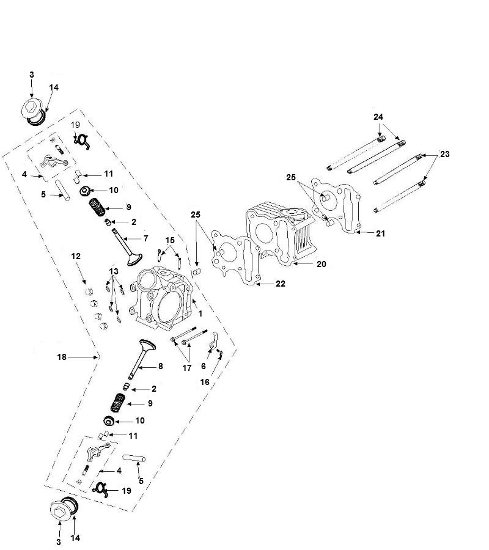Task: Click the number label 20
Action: tap(321, 264)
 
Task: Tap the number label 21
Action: tap(380, 233)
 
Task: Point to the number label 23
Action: tap(444, 155)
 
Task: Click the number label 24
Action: tap(378, 116)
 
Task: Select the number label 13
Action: tap(114, 271)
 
